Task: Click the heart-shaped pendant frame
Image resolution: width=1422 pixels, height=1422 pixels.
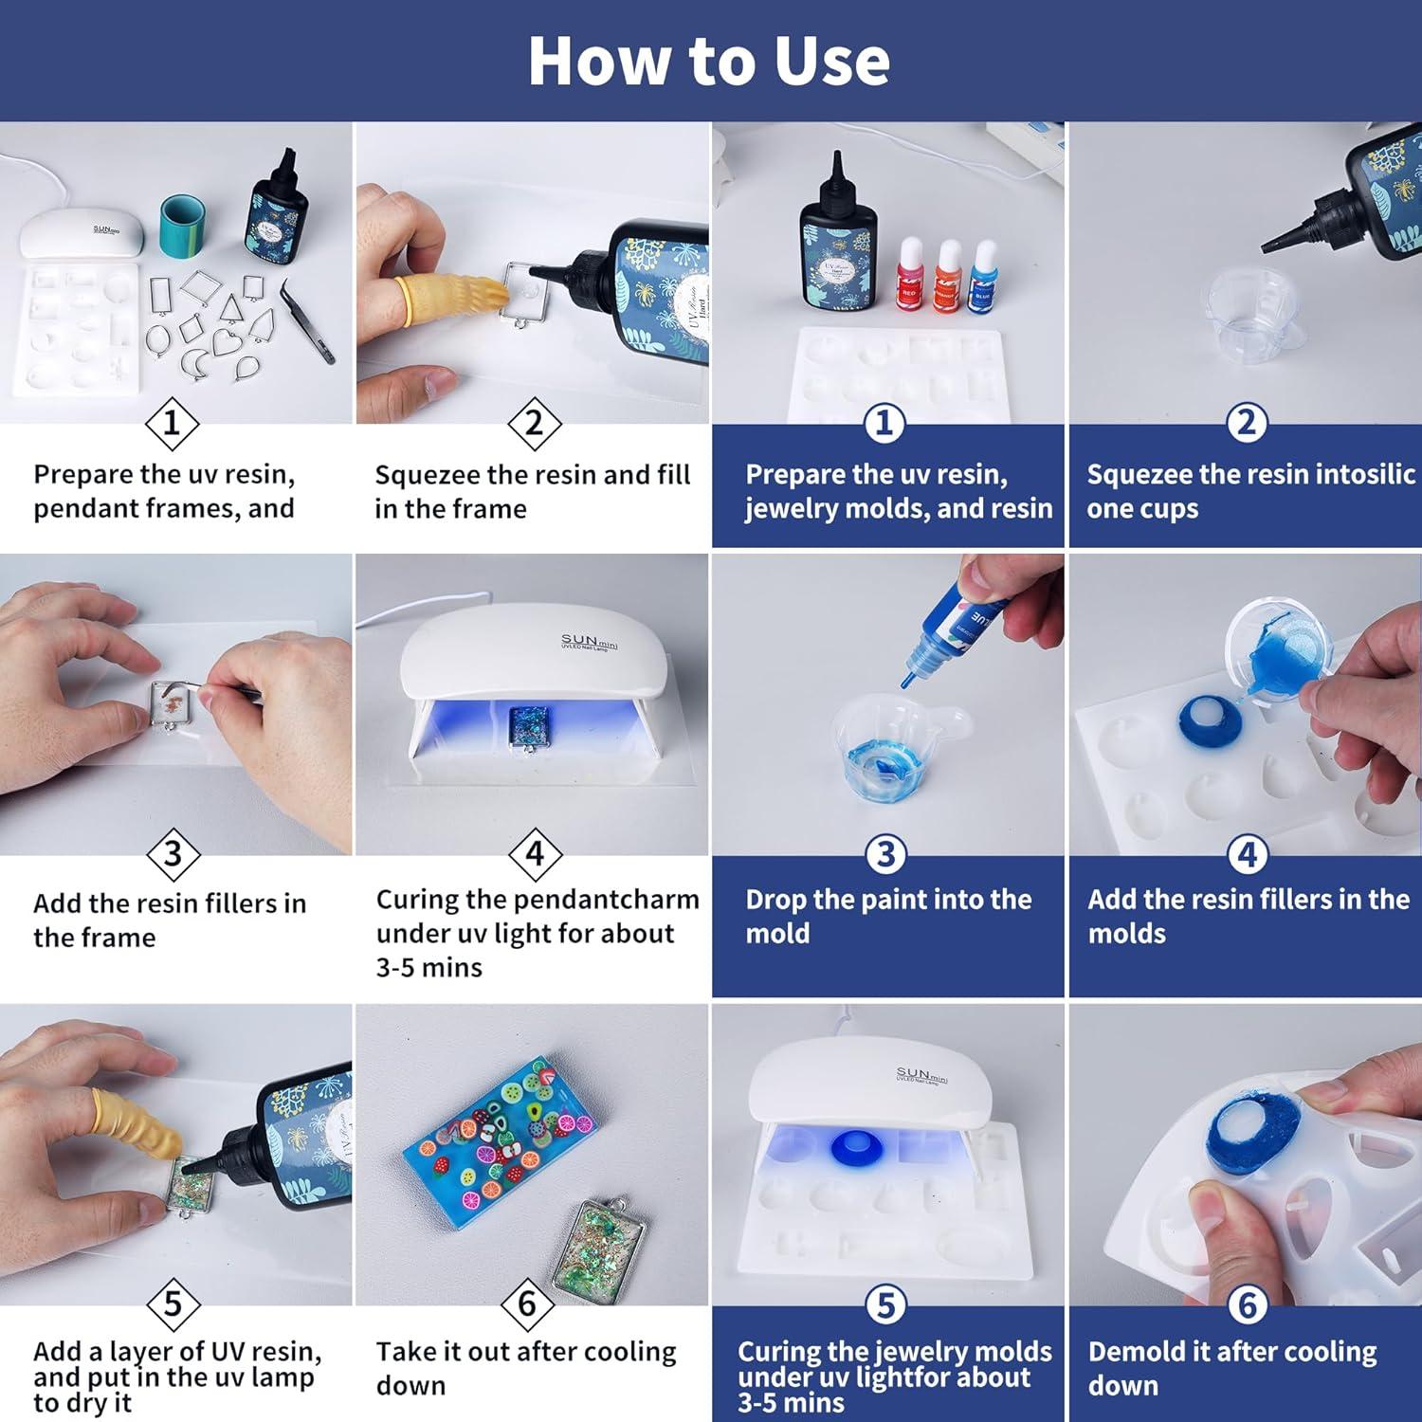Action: click(x=228, y=343)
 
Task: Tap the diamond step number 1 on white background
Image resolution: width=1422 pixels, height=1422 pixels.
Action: click(x=172, y=423)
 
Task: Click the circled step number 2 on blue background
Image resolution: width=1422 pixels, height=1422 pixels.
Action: click(x=1246, y=422)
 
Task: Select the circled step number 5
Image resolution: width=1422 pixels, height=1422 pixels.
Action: click(x=885, y=1305)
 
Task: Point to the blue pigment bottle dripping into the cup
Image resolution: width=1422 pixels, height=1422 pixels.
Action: click(x=958, y=625)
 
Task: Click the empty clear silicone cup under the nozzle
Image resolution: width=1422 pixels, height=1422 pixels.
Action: click(x=1244, y=309)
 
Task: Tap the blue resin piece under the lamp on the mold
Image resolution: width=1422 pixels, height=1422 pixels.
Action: click(x=857, y=1148)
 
